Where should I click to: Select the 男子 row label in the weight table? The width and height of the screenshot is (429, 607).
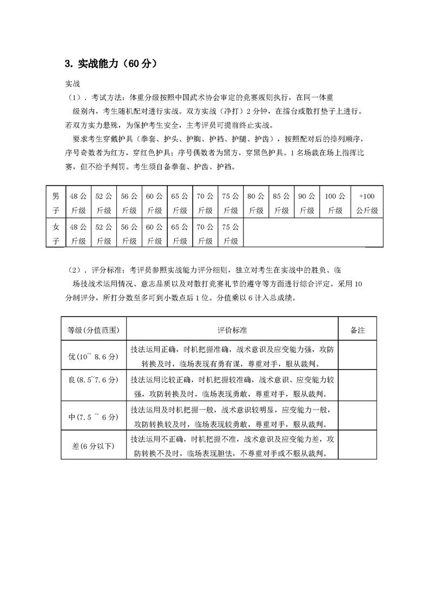click(x=56, y=202)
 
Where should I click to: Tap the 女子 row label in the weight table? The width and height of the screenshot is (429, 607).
click(x=56, y=233)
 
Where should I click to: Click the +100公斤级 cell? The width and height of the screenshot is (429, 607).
click(x=366, y=202)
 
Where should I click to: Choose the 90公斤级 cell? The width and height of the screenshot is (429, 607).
click(x=307, y=202)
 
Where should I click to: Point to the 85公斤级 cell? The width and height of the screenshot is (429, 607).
click(x=281, y=202)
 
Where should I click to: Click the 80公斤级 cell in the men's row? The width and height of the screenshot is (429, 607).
click(x=256, y=202)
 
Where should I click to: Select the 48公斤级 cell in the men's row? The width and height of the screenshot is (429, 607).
click(x=78, y=202)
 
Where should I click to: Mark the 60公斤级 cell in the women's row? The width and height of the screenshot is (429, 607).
click(x=154, y=233)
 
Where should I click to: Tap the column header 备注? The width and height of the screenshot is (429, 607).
click(x=357, y=329)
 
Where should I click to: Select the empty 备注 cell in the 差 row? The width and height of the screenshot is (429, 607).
click(x=357, y=445)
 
